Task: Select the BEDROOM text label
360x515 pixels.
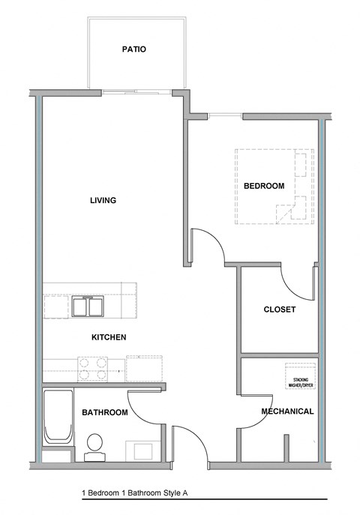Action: pyautogui.click(x=264, y=186)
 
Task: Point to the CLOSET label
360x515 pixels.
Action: pyautogui.click(x=279, y=310)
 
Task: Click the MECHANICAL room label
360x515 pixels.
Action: pyautogui.click(x=287, y=412)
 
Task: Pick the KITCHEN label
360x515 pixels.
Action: pyautogui.click(x=108, y=337)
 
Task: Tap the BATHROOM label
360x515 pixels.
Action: pyautogui.click(x=105, y=412)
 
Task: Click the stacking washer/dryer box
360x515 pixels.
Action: pyautogui.click(x=300, y=376)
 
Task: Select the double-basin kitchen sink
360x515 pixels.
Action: pyautogui.click(x=90, y=307)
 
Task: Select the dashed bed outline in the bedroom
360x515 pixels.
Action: pyautogui.click(x=273, y=187)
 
